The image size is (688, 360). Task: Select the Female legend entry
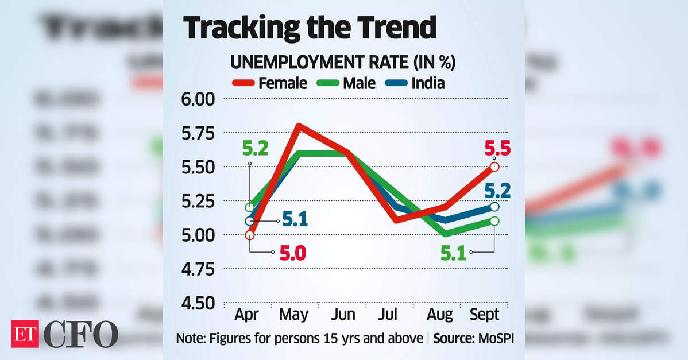pos(270,83)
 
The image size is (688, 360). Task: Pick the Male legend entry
pos(346,83)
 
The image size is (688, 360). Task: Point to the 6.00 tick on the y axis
pos(198,100)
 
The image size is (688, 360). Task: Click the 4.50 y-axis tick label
pos(198,303)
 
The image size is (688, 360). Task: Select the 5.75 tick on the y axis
pos(198,134)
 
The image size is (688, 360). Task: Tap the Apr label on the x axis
pos(247,315)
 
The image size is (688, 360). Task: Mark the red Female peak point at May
pos(299,126)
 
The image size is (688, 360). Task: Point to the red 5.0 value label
pos(293,253)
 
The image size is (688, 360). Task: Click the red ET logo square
pos(25,334)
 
